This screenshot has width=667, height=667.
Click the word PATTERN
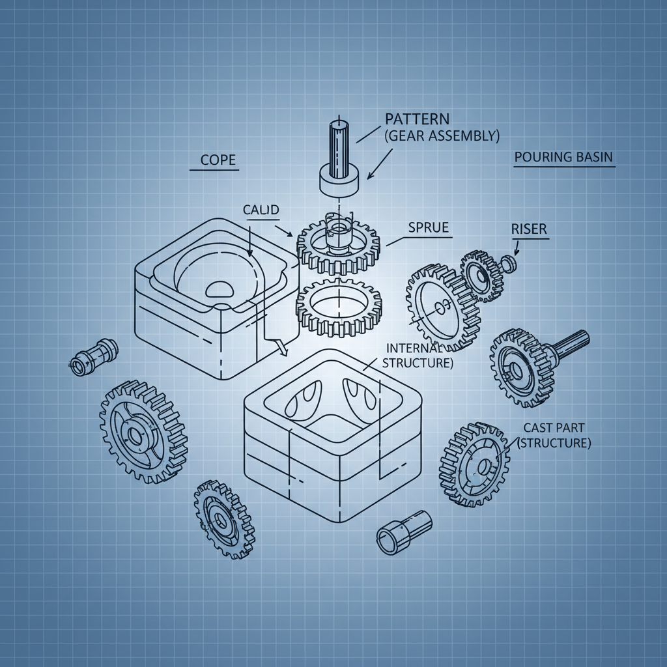(417, 119)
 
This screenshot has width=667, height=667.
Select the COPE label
(218, 159)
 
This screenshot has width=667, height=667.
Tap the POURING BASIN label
(563, 157)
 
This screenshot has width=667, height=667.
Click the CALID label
(261, 210)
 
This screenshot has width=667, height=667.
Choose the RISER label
(529, 229)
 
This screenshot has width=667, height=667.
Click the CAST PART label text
(554, 427)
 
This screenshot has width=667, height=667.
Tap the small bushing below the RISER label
(509, 263)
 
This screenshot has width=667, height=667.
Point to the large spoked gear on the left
(143, 431)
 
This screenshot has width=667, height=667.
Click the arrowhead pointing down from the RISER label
(515, 252)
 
